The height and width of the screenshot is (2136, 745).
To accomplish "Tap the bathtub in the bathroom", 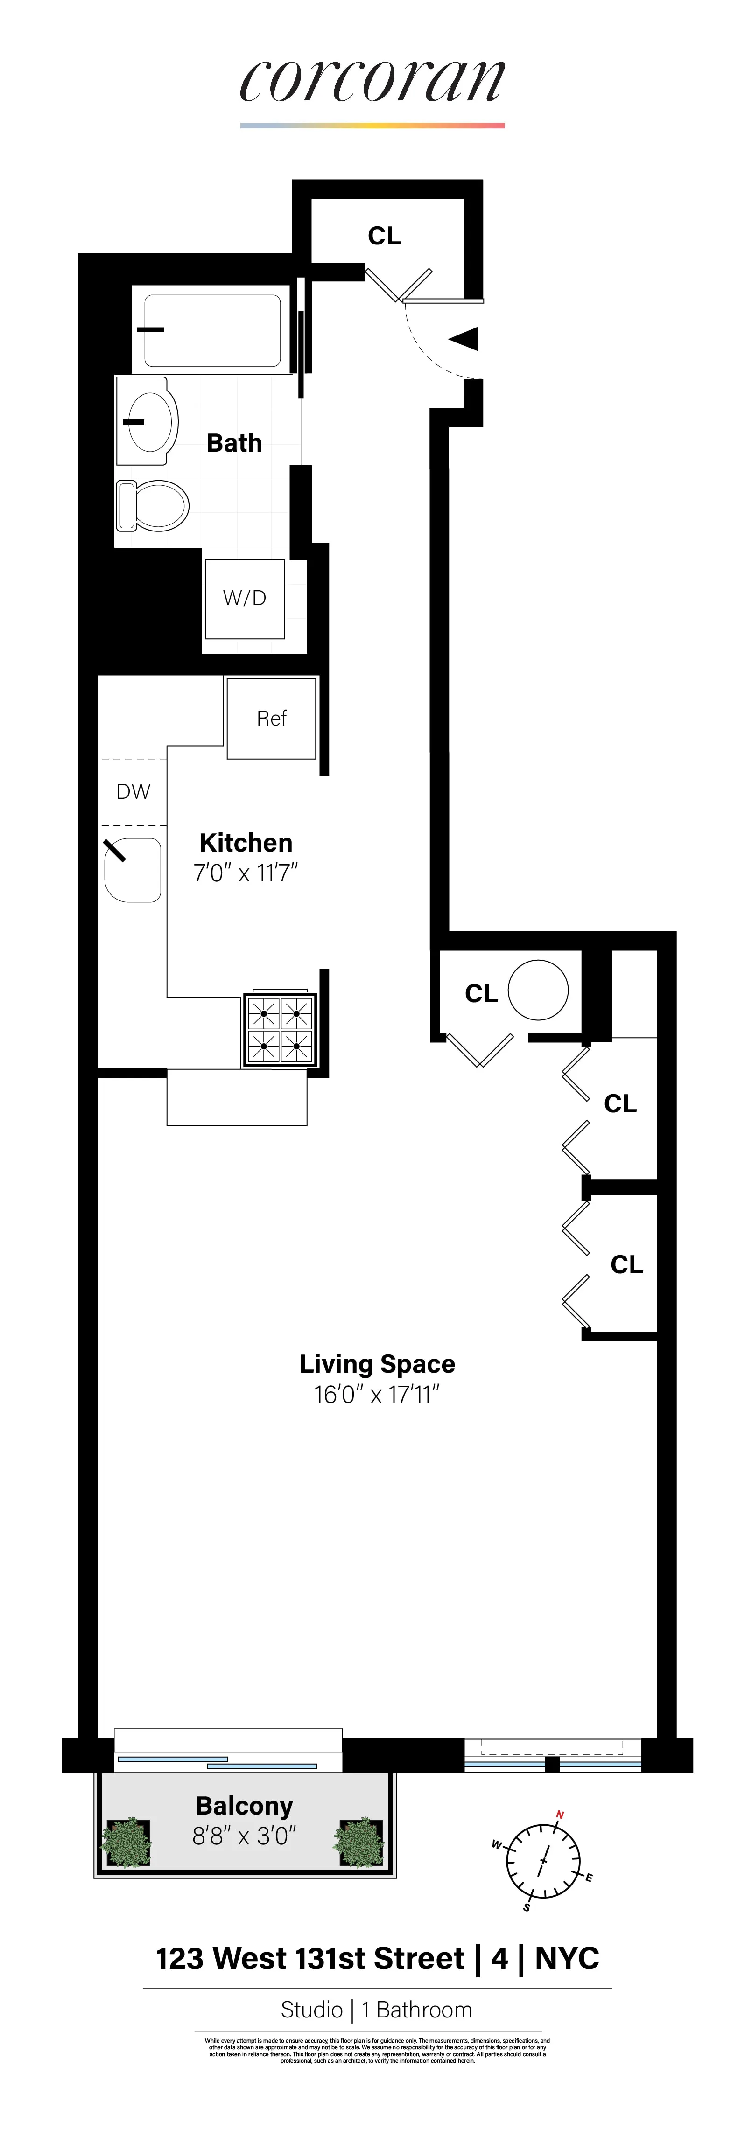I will pyautogui.click(x=212, y=330).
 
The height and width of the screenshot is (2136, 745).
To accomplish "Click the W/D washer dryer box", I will pyautogui.click(x=245, y=598).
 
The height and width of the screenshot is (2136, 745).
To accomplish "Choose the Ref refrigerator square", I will pyautogui.click(x=271, y=718).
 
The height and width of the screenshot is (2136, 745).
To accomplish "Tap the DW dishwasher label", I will pyautogui.click(x=133, y=792).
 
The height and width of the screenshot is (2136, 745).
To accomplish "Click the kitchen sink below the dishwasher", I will pyautogui.click(x=133, y=871).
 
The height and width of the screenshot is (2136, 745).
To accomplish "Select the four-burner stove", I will pyautogui.click(x=280, y=1029).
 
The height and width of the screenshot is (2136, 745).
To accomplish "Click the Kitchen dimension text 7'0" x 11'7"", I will pyautogui.click(x=246, y=873).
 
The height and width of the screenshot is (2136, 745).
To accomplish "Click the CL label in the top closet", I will pyautogui.click(x=384, y=236).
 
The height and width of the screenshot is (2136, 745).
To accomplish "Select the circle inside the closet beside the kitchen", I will pyautogui.click(x=538, y=989).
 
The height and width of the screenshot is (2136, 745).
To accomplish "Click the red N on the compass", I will pyautogui.click(x=560, y=1815).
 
